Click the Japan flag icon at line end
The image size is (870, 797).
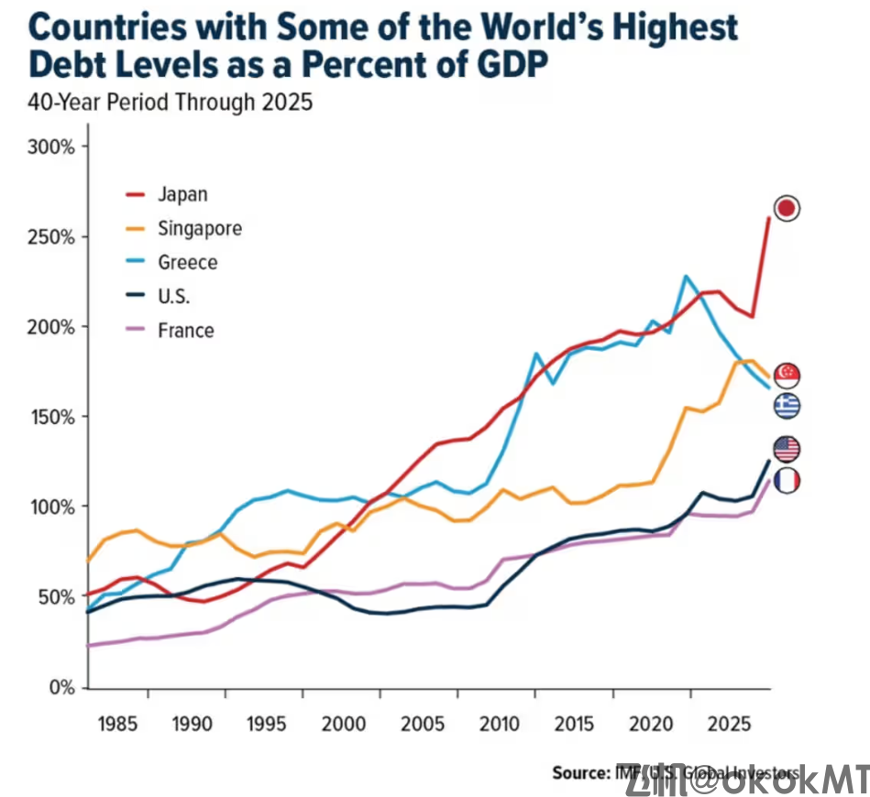(x=787, y=208)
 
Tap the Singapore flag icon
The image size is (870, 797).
(x=787, y=375)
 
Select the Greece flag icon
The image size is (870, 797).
(x=787, y=406)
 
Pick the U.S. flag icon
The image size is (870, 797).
(x=787, y=449)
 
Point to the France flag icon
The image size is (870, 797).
(x=787, y=480)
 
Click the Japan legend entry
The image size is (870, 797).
(x=182, y=194)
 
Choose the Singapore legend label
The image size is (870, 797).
(x=199, y=228)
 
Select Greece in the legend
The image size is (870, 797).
(x=187, y=262)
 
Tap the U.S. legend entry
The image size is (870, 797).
(x=174, y=296)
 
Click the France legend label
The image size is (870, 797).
(x=185, y=330)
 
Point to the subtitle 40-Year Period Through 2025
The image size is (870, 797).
(x=171, y=103)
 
